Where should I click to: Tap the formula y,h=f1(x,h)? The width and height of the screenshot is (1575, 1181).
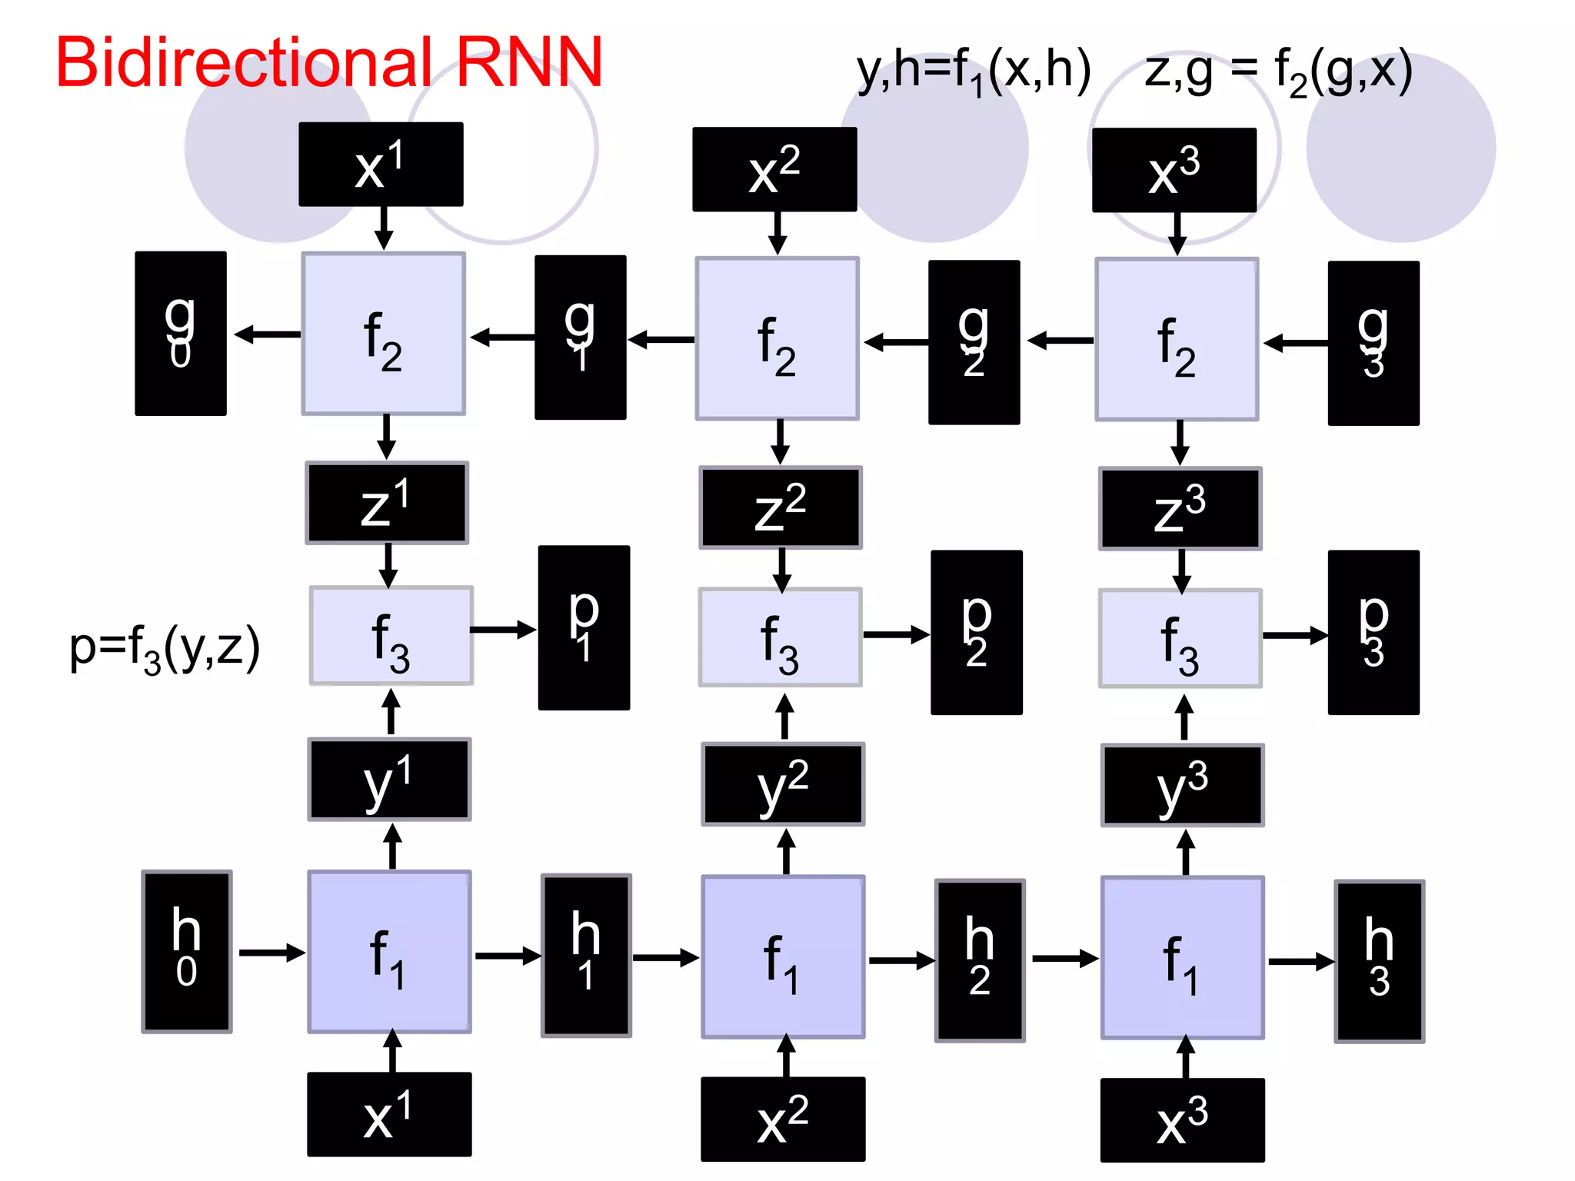[x=973, y=71]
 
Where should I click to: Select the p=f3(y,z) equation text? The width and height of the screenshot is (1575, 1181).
[x=165, y=648]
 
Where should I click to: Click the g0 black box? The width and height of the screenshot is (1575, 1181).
[x=181, y=334]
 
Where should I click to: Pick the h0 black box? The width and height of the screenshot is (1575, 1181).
[x=187, y=952]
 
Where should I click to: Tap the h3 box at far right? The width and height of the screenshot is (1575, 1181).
[x=1379, y=961]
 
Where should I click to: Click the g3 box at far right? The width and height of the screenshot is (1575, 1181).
[x=1373, y=343]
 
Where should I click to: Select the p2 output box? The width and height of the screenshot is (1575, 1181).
[x=976, y=632]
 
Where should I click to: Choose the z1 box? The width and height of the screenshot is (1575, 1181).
[x=387, y=504]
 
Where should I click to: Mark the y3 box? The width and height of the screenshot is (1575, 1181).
[x=1182, y=785]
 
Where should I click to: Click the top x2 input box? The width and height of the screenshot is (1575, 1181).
[x=774, y=169]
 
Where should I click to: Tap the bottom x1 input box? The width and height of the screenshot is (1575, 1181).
[x=389, y=1114]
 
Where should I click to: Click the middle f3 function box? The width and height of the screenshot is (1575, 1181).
[x=780, y=637]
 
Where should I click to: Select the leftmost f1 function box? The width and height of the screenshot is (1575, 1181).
[x=389, y=952]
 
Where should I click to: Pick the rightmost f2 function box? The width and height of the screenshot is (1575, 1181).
[x=1177, y=340]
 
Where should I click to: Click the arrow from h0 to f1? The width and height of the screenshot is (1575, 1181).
[x=271, y=953]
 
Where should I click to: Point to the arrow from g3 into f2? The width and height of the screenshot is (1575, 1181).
[x=1295, y=343]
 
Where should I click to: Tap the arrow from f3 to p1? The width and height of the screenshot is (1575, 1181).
[x=504, y=630]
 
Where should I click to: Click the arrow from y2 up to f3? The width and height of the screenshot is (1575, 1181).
[x=784, y=717]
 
